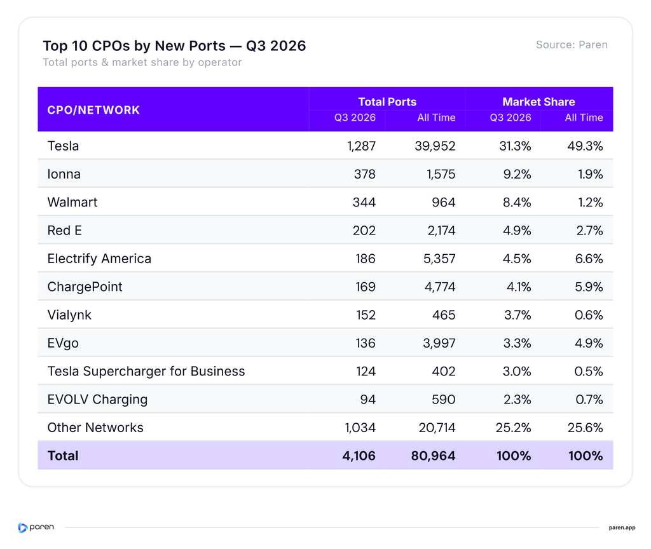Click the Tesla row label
[63, 146]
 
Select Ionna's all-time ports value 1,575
[441, 174]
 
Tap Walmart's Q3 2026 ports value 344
[364, 203]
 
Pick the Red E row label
[64, 231]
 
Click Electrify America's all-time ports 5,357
[439, 259]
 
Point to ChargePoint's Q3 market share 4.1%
[519, 287]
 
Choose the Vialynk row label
[69, 315]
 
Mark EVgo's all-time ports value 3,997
[439, 344]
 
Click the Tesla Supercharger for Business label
[146, 371]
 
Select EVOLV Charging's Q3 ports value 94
[368, 400]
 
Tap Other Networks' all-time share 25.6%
[586, 428]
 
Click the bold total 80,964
[433, 456]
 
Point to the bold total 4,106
[359, 456]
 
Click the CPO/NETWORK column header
[93, 110]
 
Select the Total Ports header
[387, 102]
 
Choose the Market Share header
[538, 102]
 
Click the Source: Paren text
[572, 45]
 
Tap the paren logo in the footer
[36, 527]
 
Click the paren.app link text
[622, 528]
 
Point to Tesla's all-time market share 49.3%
[585, 146]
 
